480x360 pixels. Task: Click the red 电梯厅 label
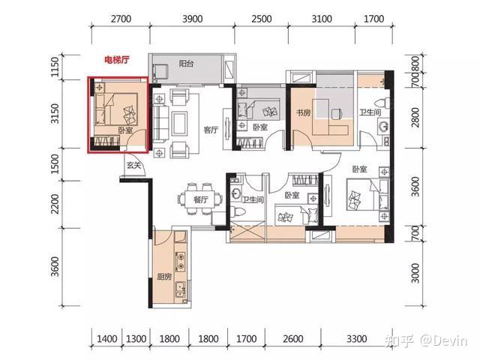click(x=117, y=60)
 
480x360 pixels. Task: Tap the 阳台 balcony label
click(x=186, y=64)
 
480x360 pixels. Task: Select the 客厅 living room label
click(x=211, y=130)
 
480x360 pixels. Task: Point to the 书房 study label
click(x=303, y=112)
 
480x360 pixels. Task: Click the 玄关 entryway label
click(x=133, y=165)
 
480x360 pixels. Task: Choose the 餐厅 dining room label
click(x=201, y=199)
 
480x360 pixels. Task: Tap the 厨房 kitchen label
click(x=164, y=277)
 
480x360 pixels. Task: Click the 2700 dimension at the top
click(x=121, y=19)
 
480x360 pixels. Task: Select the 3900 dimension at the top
click(x=193, y=19)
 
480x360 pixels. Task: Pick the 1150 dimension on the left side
click(x=55, y=67)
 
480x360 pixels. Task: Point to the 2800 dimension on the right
click(x=415, y=117)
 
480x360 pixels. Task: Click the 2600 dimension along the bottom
click(x=293, y=339)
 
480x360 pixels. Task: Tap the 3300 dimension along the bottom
click(x=357, y=339)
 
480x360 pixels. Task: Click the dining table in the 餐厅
click(x=200, y=199)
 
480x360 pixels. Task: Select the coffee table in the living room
click(x=180, y=123)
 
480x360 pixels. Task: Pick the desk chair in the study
click(x=337, y=113)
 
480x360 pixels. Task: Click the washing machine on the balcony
click(x=160, y=72)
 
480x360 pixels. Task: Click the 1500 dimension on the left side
click(x=55, y=164)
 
